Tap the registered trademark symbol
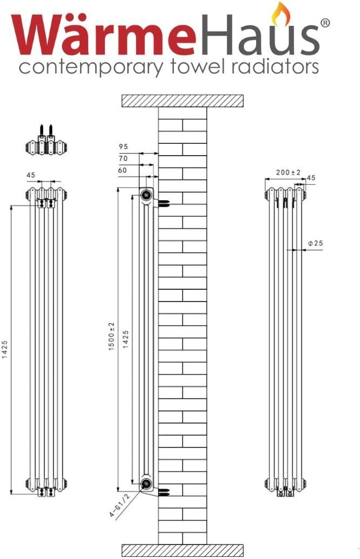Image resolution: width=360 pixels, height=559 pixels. (324, 23)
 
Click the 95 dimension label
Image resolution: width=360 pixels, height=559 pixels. (123, 146)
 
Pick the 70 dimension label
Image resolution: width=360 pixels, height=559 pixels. (123, 158)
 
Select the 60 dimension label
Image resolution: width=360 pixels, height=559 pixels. (123, 170)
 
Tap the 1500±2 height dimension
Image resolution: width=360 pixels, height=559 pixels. (111, 337)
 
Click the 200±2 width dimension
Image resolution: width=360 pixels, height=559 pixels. (288, 172)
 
